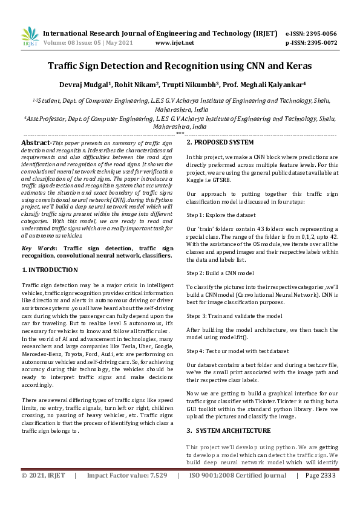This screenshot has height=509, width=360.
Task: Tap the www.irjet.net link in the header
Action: [x=174, y=43]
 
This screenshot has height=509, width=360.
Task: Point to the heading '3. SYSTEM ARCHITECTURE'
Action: [x=228, y=430]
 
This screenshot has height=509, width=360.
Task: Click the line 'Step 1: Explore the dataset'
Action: [x=221, y=215]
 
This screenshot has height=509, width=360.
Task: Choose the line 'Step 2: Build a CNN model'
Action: [x=220, y=273]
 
